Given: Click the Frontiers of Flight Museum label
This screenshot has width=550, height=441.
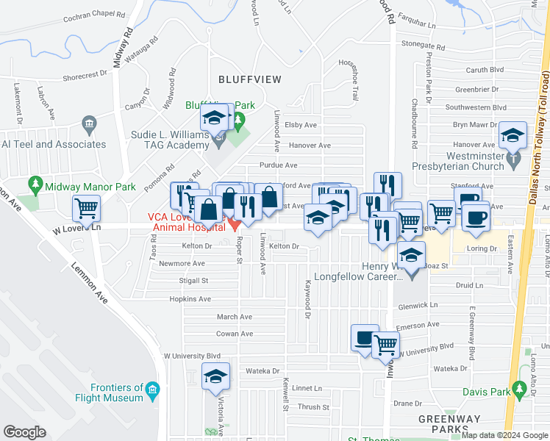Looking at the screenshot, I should click(x=117, y=392).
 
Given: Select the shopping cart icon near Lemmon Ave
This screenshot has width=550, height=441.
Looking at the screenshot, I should click(x=87, y=209).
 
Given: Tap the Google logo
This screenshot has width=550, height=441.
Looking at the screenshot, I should click(x=25, y=432).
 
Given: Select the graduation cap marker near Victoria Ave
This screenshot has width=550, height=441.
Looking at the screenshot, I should click(x=216, y=376).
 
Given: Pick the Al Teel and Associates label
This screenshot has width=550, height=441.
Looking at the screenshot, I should click(x=53, y=144).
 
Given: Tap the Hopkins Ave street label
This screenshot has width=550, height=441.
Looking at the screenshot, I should click(x=190, y=299).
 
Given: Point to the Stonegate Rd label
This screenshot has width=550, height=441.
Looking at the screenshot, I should click(x=424, y=44).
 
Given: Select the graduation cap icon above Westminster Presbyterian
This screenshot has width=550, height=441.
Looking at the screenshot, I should click(x=512, y=135).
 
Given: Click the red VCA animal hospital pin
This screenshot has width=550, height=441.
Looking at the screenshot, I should click(x=233, y=222).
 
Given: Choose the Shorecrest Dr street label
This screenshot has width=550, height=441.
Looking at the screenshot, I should click(x=86, y=75).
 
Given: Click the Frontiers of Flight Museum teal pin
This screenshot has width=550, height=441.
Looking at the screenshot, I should click(x=152, y=388).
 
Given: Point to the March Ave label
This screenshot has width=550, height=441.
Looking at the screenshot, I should click(x=234, y=317).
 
